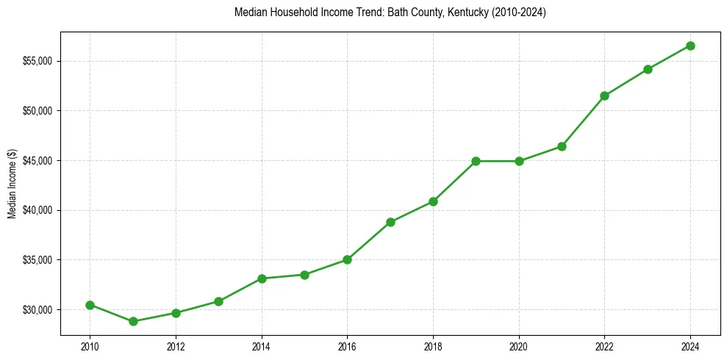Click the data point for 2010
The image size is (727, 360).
pyautogui.click(x=90, y=305)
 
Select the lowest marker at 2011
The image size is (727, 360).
pyautogui.click(x=133, y=321)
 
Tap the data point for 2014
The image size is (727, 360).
pyautogui.click(x=262, y=278)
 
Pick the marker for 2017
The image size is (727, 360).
pyautogui.click(x=390, y=222)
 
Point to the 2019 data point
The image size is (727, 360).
pyautogui.click(x=476, y=161)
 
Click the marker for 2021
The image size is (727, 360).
pyautogui.click(x=562, y=146)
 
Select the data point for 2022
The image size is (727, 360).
pyautogui.click(x=604, y=96)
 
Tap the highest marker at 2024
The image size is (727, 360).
pyautogui.click(x=690, y=46)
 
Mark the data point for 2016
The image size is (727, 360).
pyautogui.click(x=347, y=259)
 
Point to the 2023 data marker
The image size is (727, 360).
pyautogui.click(x=648, y=69)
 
